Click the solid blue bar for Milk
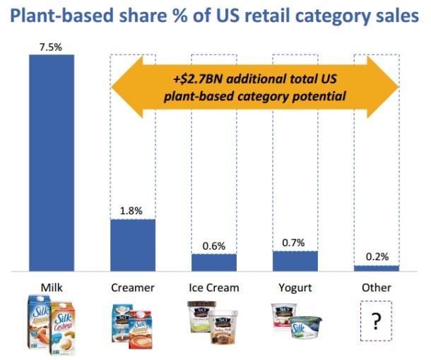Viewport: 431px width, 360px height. pyautogui.click(x=51, y=163)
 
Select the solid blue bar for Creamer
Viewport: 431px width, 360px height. pyautogui.click(x=132, y=245)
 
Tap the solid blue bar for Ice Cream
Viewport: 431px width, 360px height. pyautogui.click(x=213, y=262)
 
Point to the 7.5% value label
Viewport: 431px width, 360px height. pyautogui.click(x=51, y=47)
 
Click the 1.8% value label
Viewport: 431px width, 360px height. pyautogui.click(x=132, y=211)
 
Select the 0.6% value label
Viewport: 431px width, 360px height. pyautogui.click(x=213, y=245)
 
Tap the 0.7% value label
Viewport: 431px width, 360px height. pyautogui.click(x=295, y=243)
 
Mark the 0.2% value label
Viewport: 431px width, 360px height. pyautogui.click(x=376, y=257)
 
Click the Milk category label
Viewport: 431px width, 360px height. pyautogui.click(x=51, y=288)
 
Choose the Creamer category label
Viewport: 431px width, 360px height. pyautogui.click(x=132, y=288)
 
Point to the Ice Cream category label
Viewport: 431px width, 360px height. pyautogui.click(x=213, y=288)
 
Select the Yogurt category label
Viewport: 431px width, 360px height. pyautogui.click(x=295, y=288)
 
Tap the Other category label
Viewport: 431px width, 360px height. pyautogui.click(x=376, y=288)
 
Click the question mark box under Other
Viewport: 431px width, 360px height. pyautogui.click(x=376, y=323)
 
